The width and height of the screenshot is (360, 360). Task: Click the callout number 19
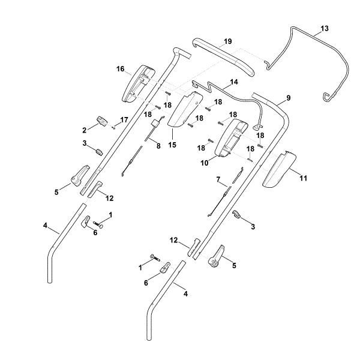227,41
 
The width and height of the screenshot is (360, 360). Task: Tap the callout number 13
325,28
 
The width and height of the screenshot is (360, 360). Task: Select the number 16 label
120,69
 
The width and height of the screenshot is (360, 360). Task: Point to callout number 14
233,81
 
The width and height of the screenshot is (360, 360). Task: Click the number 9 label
289,97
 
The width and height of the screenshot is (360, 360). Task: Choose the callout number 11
303,179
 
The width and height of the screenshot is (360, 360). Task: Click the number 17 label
124,120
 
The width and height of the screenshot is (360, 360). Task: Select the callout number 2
85,129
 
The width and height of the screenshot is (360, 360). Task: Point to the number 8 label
158,146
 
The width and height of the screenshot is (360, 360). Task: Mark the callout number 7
219,179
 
